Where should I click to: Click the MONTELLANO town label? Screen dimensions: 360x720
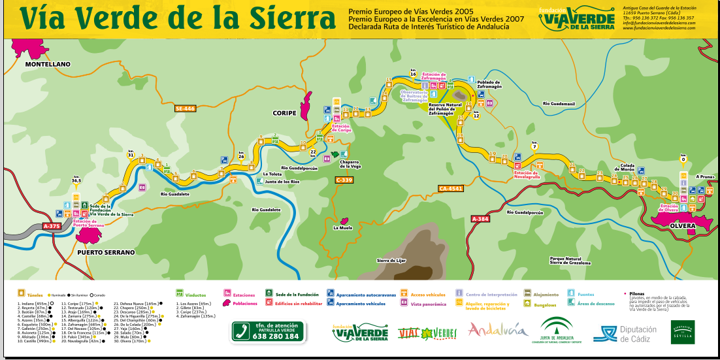point(47,65)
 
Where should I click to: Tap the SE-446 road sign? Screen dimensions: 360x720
point(185,108)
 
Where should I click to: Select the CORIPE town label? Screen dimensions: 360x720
point(284,113)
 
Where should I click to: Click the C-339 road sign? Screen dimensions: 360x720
point(344,180)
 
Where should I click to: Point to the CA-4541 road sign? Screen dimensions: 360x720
point(450,188)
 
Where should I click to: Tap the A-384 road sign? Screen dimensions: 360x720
point(480,219)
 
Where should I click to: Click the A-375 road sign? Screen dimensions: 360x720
point(51,226)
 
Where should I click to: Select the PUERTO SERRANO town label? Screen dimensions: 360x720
point(105,252)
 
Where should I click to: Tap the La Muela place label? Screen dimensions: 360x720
point(342,228)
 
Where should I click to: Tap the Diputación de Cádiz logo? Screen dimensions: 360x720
point(625,333)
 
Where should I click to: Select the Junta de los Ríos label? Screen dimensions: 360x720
point(282,182)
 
